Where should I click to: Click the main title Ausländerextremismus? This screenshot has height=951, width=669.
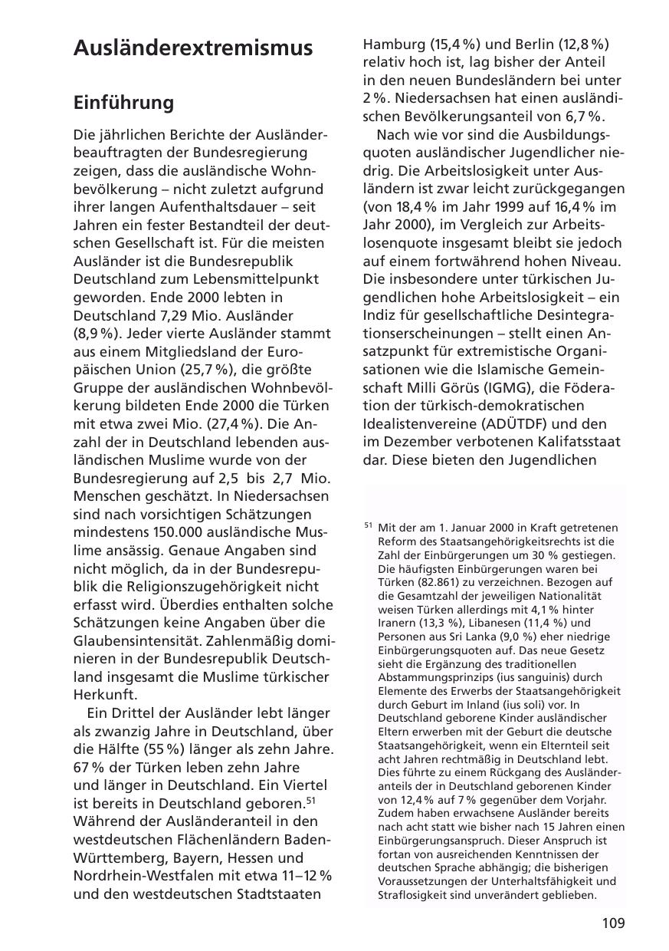(192, 48)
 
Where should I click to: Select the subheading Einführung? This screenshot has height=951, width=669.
(123, 103)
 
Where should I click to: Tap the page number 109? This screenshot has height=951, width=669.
(613, 923)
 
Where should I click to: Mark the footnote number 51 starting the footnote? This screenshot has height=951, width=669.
(369, 526)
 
